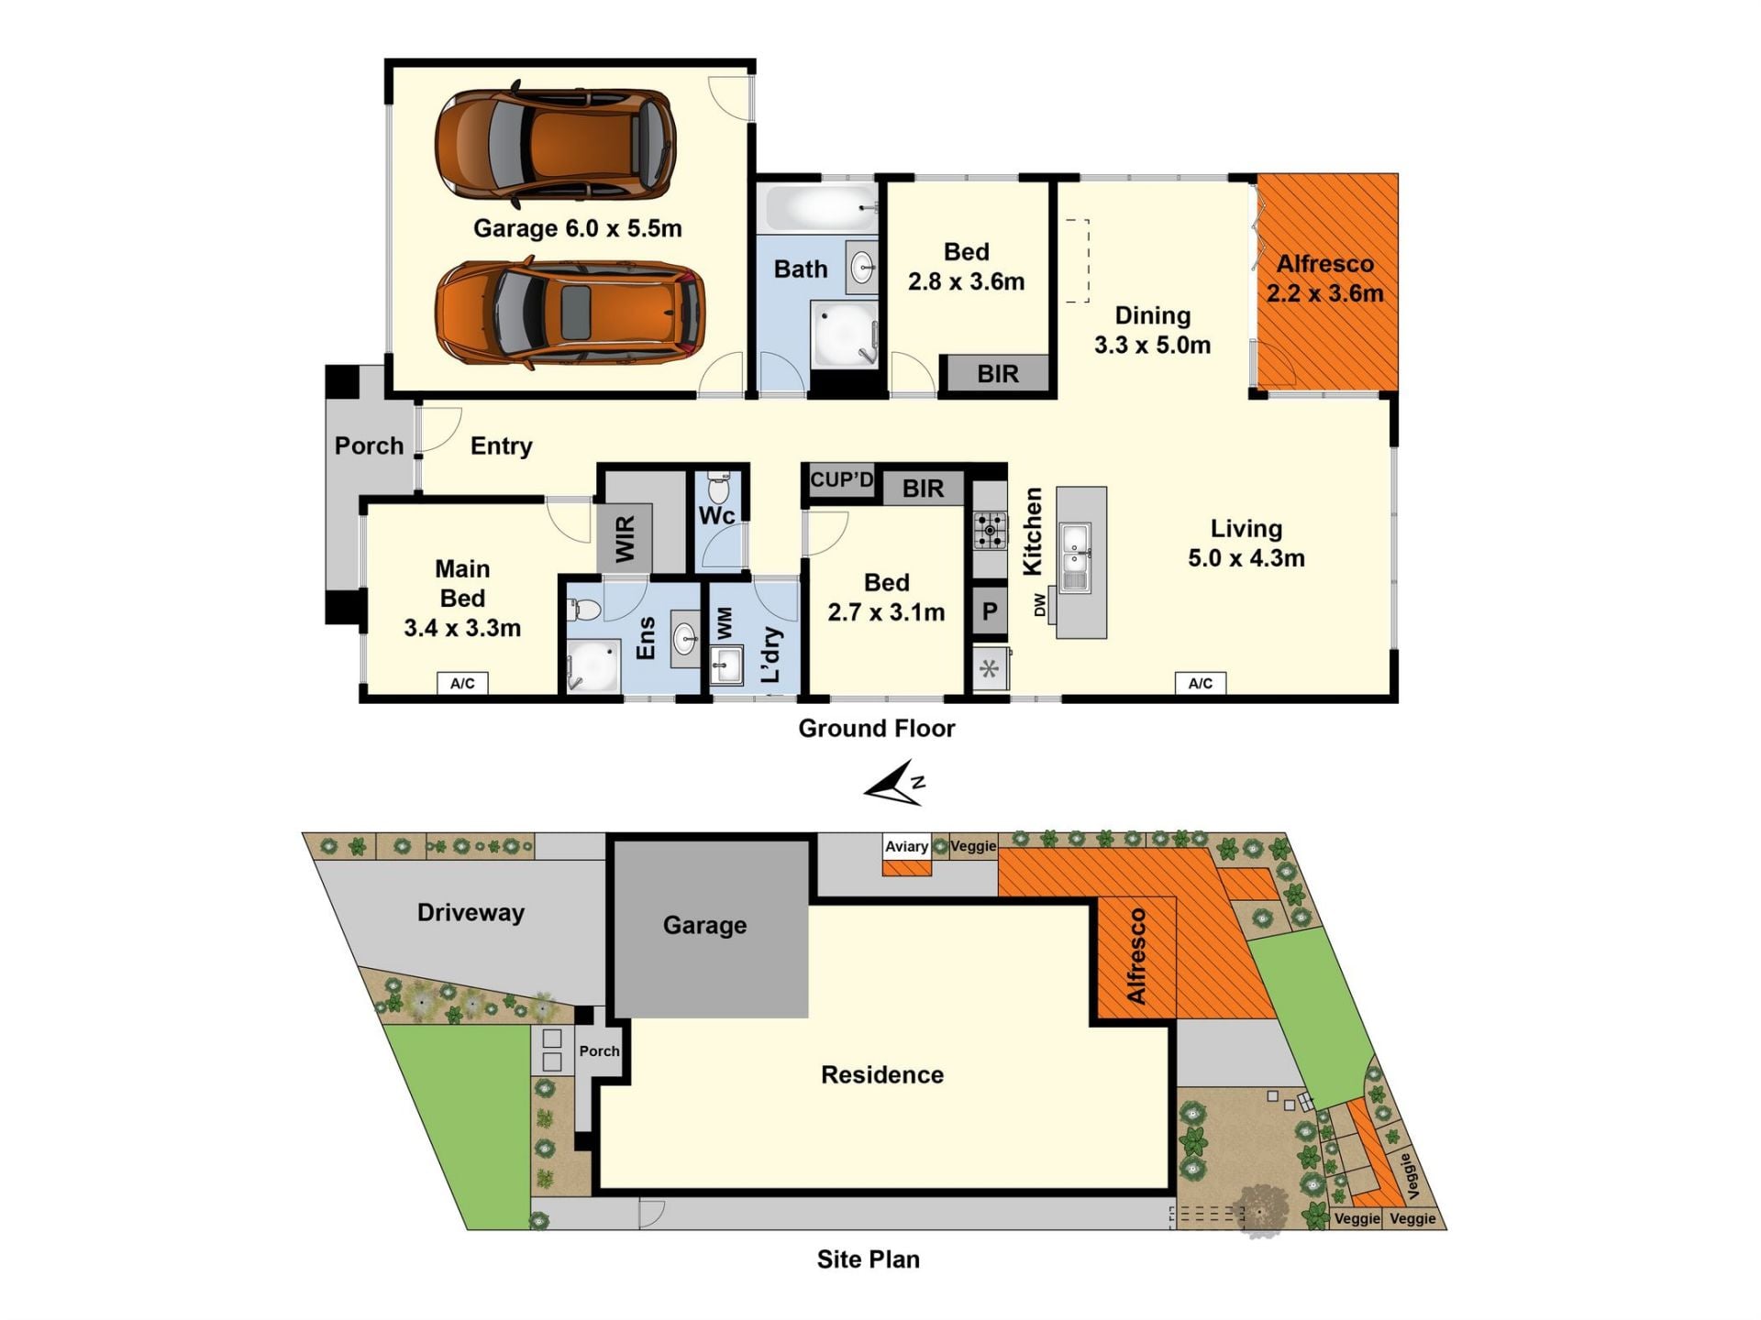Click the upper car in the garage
pos(555,145)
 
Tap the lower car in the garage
pos(570,313)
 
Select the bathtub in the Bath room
pos(819,208)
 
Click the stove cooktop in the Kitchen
pos(990,530)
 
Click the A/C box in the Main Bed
pos(462,683)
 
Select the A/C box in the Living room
pos(1200,683)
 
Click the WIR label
pos(625,538)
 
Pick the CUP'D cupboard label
pos(841,479)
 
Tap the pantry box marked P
pos(990,611)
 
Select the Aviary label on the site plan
pos(906,846)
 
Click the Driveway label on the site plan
pos(471,912)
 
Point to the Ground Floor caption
pos(876,728)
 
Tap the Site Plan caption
pos(868,1259)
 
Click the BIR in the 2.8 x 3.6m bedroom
pos(998,374)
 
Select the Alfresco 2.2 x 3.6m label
pos(1325,279)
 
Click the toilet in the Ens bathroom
pos(584,610)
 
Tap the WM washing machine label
pos(725,623)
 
